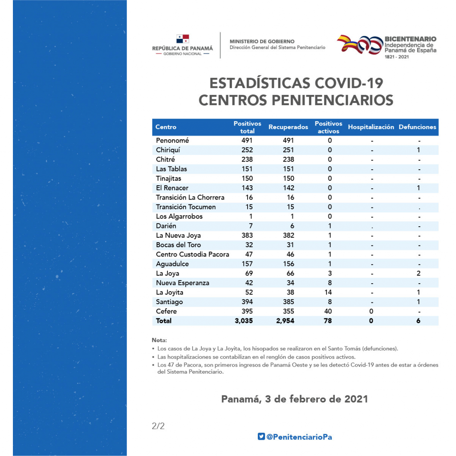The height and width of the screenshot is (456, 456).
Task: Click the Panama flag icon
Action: click(x=183, y=39)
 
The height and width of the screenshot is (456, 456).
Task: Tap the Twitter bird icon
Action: click(x=261, y=436)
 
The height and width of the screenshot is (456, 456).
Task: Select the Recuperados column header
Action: click(x=288, y=127)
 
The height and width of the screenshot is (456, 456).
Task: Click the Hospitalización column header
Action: click(x=371, y=127)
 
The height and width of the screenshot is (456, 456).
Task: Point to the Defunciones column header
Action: click(x=417, y=127)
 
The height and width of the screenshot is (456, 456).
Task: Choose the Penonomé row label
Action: click(x=172, y=140)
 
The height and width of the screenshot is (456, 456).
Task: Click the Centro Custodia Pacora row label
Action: click(x=192, y=254)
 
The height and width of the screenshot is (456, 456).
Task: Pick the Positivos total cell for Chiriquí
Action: click(x=247, y=150)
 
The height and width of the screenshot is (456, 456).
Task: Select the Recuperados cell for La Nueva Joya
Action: click(x=289, y=235)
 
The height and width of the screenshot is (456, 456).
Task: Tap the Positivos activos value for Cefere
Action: click(x=328, y=311)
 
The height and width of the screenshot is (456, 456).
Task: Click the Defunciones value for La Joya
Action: click(x=419, y=273)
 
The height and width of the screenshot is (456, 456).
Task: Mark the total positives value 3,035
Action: click(x=244, y=321)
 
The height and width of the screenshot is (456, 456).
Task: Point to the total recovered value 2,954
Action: click(x=285, y=321)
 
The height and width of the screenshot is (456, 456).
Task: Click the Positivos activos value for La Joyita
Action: click(x=328, y=292)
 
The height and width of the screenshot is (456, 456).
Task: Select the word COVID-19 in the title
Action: click(x=349, y=83)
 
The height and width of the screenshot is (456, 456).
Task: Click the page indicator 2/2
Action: click(x=158, y=426)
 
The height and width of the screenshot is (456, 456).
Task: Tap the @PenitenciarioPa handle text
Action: click(x=299, y=437)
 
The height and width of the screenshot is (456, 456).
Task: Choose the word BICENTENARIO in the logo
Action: click(x=410, y=39)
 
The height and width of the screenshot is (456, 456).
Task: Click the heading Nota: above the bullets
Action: click(x=159, y=340)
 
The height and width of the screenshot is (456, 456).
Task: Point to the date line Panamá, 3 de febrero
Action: click(x=295, y=399)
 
